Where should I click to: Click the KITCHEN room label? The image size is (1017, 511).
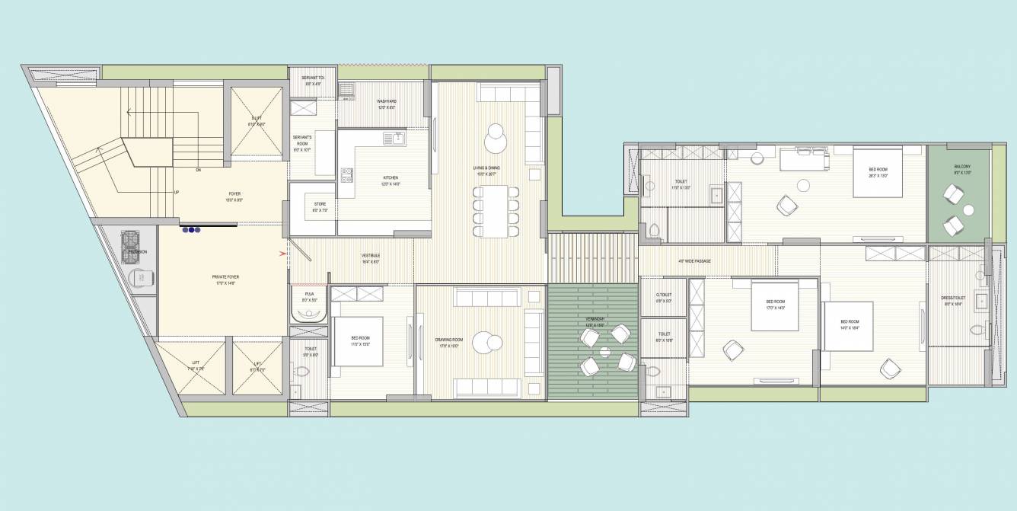(391, 178)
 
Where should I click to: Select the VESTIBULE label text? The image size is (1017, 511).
(371, 255)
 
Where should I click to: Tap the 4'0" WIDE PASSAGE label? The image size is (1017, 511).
(694, 261)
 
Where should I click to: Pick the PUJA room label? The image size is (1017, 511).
(309, 293)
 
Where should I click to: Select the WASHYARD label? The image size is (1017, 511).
(387, 101)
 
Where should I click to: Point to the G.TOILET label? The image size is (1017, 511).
(664, 294)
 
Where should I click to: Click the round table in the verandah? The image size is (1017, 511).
(604, 352)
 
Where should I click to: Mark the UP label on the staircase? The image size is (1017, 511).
(177, 192)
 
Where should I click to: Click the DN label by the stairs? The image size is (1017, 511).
(198, 169)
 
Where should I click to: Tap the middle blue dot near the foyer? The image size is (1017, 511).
(190, 228)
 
